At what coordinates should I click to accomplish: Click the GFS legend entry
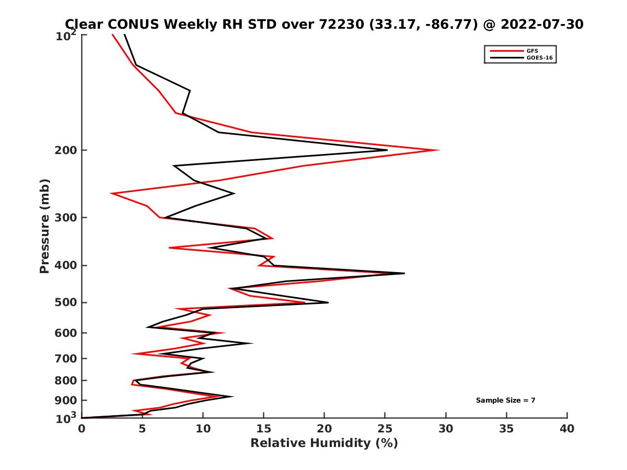coord(532,51)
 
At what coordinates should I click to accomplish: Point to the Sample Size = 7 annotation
coord(505,401)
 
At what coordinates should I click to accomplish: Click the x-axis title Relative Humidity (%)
coord(324,443)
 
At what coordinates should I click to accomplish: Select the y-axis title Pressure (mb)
coord(44,226)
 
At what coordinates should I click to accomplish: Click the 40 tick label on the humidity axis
coord(567,429)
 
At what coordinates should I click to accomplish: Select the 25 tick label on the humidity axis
coord(385,429)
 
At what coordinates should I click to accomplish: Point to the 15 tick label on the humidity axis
coord(264,429)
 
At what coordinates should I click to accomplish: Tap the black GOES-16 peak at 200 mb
coord(387,150)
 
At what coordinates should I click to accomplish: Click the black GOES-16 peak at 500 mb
coord(328,302)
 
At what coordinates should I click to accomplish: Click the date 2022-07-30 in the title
coord(541,24)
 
